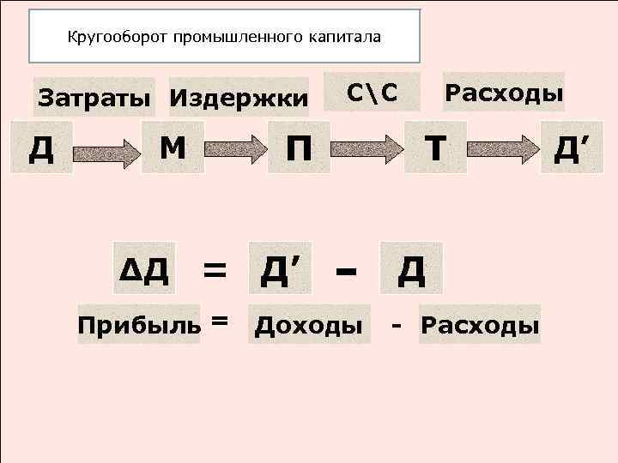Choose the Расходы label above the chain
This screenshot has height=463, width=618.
(503, 92)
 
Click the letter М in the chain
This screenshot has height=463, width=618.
(174, 148)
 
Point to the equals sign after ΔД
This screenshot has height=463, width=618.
(215, 272)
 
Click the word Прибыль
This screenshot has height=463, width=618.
(139, 326)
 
